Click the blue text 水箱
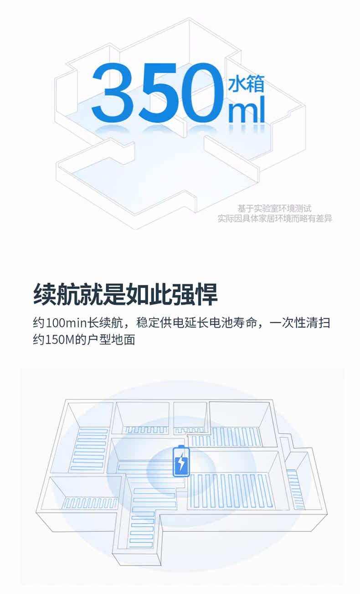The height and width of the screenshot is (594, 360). point(247,84)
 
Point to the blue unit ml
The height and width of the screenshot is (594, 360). point(246,111)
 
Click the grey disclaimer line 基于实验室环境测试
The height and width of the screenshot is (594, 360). point(274,209)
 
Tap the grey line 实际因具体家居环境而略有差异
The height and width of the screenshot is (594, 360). point(274,219)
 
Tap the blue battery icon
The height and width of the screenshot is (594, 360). point(181,461)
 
